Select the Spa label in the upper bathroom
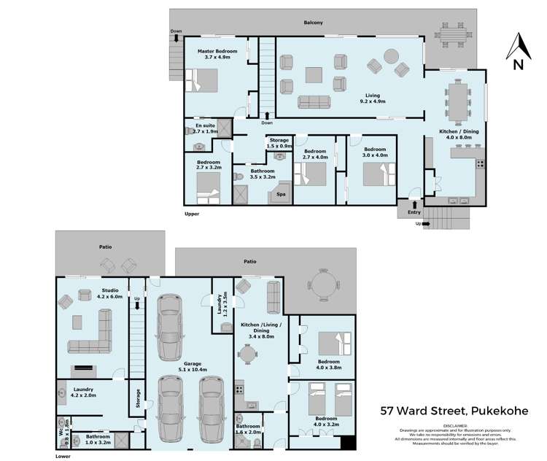[x=280, y=194]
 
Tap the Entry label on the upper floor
[x=414, y=212]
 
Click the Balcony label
[x=313, y=23]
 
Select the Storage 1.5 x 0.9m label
[x=279, y=143]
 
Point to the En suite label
[x=206, y=129]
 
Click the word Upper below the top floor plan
[x=192, y=214]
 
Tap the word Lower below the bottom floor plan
[x=64, y=457]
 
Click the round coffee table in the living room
[x=391, y=55]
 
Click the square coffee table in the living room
[x=314, y=75]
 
